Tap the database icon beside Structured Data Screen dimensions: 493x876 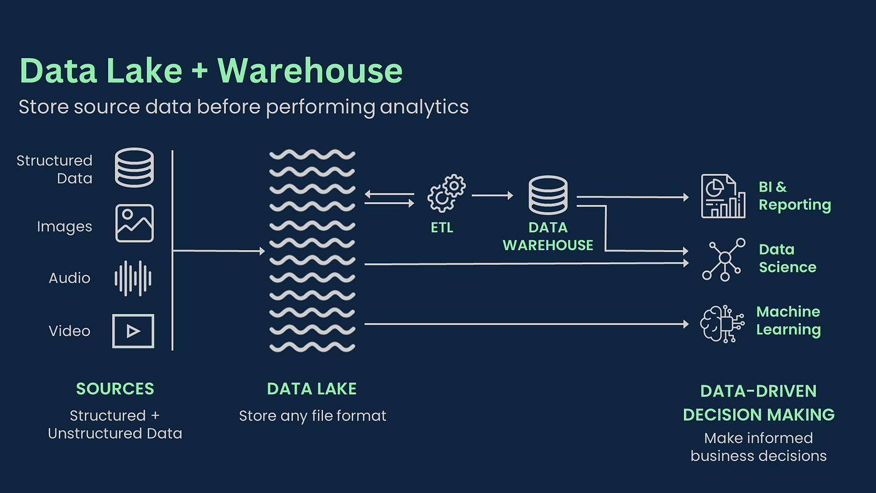point(134,167)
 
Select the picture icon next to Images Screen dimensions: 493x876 point(134,223)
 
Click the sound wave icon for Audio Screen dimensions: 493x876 point(133,278)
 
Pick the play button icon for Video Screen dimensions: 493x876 point(133,331)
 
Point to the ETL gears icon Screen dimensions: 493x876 point(447,194)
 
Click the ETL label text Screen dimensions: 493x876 point(442,228)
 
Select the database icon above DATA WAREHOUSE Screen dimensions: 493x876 point(548,195)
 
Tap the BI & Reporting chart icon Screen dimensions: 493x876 point(723,196)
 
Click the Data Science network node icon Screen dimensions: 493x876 point(724,258)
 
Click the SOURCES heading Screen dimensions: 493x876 point(115,389)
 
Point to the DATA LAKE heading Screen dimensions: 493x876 point(312,389)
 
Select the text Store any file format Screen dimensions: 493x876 point(312,415)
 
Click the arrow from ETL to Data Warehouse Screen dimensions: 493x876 point(492,196)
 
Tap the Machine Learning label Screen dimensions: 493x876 point(788,320)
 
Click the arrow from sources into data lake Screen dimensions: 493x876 point(219,251)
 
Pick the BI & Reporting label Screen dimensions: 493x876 point(795,196)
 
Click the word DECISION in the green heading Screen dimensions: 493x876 point(721,414)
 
